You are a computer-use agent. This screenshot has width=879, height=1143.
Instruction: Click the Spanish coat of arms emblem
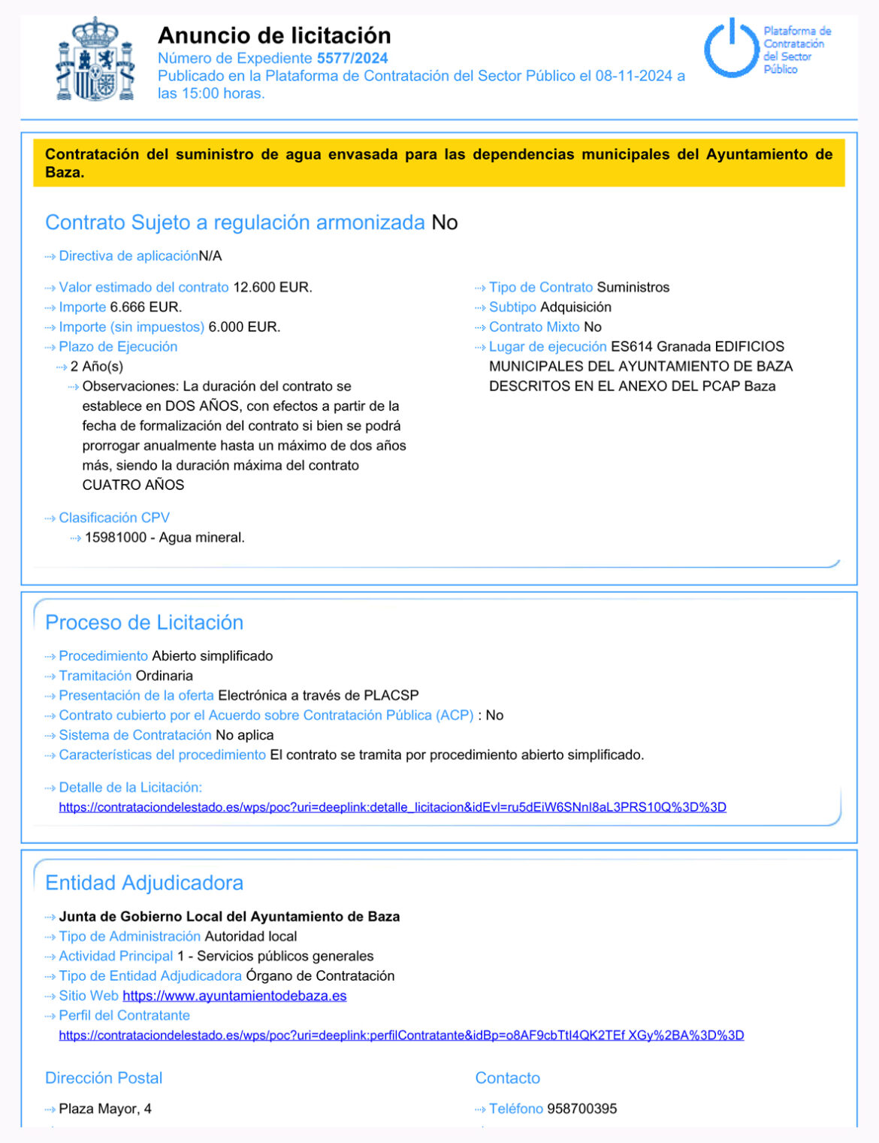pos(95,59)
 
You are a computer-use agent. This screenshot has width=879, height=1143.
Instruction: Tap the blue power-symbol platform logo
pos(730,49)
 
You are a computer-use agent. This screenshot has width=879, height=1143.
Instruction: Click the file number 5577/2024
pos(352,58)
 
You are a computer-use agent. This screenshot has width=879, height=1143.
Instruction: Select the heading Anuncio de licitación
pos(274,35)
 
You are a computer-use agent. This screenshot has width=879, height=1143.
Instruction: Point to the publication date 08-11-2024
pos(633,76)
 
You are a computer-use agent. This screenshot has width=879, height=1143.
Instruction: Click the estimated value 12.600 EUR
pos(272,287)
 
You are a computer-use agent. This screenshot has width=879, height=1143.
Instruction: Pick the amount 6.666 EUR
pos(146,307)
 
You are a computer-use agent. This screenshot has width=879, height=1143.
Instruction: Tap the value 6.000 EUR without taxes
pos(244,327)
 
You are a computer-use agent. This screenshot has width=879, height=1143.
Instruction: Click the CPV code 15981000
pos(116,537)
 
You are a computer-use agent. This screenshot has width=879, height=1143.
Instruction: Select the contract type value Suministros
pos(633,287)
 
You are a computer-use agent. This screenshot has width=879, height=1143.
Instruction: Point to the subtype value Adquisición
pos(575,307)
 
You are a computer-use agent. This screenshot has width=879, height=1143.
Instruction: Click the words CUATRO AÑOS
pos(133,485)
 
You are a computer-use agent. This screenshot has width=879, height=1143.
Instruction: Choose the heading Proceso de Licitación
pos(144,622)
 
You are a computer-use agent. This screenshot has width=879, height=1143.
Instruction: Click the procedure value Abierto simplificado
pos(212,656)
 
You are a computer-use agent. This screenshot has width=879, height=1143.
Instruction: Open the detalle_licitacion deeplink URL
pos(392,807)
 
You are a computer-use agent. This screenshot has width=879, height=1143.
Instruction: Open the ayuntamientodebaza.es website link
pos(234,996)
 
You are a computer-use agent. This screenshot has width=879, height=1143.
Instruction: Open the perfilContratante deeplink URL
pos(401,1035)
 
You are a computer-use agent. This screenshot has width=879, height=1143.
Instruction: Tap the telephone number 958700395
pos(581,1108)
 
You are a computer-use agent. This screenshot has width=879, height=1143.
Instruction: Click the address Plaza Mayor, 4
pos(105,1108)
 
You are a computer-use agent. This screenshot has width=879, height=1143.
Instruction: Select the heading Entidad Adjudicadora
pos(144,882)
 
